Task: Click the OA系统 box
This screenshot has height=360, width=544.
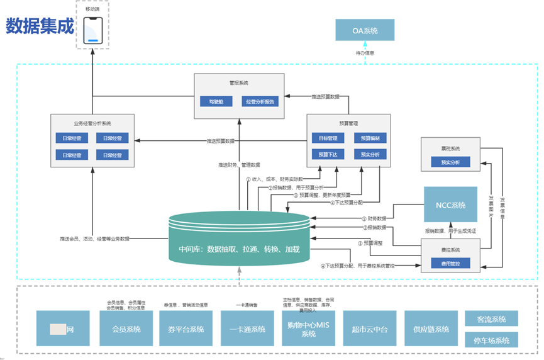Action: click(365, 30)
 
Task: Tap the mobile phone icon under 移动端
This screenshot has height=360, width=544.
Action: click(93, 30)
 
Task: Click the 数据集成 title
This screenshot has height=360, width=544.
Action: click(40, 26)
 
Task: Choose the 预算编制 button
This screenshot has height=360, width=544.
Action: click(370, 138)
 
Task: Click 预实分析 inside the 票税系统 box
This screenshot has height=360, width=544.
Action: click(450, 162)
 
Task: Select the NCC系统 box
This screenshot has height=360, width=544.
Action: click(450, 205)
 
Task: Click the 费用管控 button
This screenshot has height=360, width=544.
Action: click(450, 263)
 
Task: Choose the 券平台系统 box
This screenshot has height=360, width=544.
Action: click(186, 329)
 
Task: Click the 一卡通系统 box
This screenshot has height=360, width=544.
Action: click(247, 329)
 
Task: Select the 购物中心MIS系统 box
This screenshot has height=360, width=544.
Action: click(308, 329)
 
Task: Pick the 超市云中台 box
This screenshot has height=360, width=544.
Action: click(369, 329)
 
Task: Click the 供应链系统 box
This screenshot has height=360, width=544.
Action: click(430, 329)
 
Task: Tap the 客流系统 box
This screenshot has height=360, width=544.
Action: click(491, 318)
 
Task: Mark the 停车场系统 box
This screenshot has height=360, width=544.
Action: click(491, 340)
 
